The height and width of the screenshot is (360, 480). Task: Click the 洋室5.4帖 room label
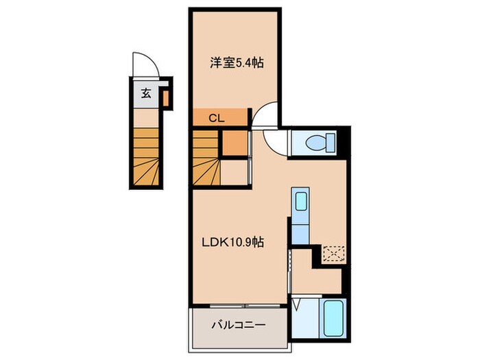pos(237,63)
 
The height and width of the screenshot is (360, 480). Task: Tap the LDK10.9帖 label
pos(232,242)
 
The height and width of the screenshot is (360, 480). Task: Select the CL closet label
pos(217,118)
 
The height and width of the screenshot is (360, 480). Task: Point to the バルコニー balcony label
pos(239,324)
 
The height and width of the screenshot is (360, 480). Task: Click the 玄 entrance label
pos(146,93)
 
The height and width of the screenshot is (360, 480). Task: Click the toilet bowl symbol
pos(315,143)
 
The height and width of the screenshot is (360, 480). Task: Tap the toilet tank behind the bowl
pos(331,143)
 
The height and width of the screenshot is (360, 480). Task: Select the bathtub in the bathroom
pos(333,318)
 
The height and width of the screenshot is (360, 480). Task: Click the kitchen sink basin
pos(301,201)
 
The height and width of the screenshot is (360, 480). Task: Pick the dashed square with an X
pos(334,254)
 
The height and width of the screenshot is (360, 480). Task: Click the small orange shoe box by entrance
pos(166,98)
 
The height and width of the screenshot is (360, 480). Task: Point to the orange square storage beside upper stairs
pos(235,143)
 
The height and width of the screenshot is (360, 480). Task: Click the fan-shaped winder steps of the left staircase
pos(146,172)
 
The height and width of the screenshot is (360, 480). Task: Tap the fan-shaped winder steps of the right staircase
pos(206,172)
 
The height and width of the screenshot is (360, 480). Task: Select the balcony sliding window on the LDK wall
pos(245,306)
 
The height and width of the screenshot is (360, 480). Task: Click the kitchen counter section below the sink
pos(300,235)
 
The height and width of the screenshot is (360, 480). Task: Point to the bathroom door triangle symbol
pos(296,305)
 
